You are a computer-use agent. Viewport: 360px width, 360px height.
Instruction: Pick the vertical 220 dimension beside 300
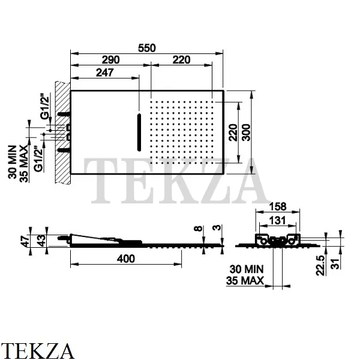[232, 132]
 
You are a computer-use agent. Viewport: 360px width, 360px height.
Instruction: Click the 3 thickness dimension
[217, 228]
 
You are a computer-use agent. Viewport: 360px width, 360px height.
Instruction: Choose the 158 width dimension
[277, 207]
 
